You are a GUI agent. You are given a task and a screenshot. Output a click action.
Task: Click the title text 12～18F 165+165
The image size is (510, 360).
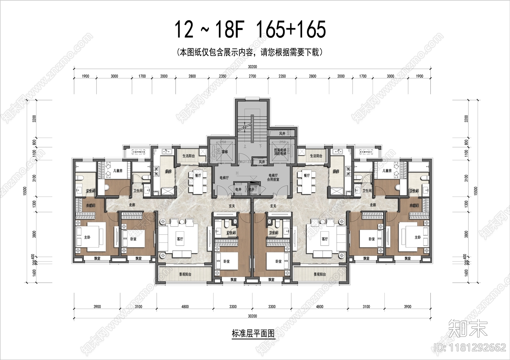click(x=250, y=29)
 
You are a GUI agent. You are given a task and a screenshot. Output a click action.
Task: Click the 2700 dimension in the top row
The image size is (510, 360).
click(x=252, y=76)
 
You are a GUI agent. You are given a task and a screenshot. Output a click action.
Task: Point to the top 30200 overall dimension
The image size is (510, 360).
click(x=252, y=67)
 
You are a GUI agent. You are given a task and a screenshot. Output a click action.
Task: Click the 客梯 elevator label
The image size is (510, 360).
click(x=225, y=152)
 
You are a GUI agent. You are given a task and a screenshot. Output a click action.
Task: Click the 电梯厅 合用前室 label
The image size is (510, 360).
click(x=273, y=177)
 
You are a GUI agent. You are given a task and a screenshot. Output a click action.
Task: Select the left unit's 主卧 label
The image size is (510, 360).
click(x=87, y=237)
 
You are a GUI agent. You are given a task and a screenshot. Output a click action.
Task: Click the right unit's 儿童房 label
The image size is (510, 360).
click(x=387, y=171)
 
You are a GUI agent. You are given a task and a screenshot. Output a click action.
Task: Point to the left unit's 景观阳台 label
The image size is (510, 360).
click(x=185, y=274)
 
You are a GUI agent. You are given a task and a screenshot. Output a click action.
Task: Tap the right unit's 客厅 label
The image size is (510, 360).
click(x=324, y=239)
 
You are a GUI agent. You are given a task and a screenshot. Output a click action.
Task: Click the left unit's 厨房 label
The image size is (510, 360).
click(x=168, y=171)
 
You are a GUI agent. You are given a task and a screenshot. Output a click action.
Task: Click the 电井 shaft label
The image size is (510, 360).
click(x=238, y=189)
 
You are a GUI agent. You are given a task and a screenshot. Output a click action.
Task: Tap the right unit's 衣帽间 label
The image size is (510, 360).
click(x=414, y=205)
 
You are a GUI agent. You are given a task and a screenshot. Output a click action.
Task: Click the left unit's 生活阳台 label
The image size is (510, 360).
click(x=188, y=156)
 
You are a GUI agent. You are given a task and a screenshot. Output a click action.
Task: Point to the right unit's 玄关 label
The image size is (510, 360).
click(x=273, y=206)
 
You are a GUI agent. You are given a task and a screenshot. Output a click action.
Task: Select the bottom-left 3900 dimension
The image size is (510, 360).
click(x=97, y=306)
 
